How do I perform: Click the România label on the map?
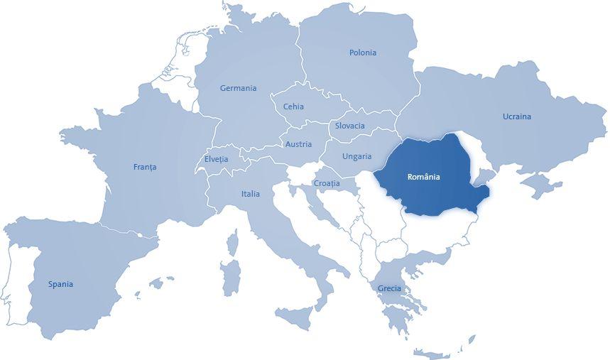tap(424, 177)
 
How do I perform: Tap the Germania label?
tap(238, 89)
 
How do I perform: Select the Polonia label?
tap(363, 53)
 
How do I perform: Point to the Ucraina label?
tap(516, 116)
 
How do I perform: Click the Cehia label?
tap(293, 107)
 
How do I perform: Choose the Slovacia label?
tap(349, 126)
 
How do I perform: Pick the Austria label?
tap(298, 144)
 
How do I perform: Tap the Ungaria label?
tap(356, 156)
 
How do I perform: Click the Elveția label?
tap(216, 159)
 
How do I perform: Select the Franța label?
tap(144, 168)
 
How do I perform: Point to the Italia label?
tap(250, 194)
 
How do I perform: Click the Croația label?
tap(326, 183)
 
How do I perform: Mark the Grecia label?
tap(389, 288)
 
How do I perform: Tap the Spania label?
tap(60, 284)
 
